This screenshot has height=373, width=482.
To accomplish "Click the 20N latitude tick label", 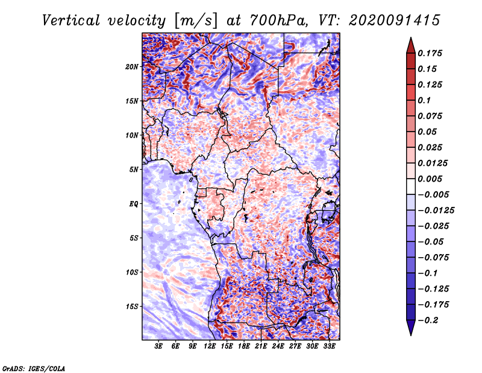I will tap(132, 66).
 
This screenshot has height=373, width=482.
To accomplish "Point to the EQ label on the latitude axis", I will tap(133, 203).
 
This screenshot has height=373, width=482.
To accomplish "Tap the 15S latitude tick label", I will tap(132, 306).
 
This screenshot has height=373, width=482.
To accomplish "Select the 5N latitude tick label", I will tap(134, 169).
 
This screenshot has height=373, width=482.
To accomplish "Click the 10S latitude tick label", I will tap(132, 272).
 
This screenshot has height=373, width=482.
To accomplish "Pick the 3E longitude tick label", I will tap(158, 347).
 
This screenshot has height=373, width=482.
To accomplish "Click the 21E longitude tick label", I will tap(261, 347).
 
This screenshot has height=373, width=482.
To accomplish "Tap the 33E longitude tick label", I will tap(329, 347).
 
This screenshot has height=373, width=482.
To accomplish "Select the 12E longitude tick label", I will tap(210, 347).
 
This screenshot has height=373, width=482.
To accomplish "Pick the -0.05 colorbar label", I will tap(433, 241).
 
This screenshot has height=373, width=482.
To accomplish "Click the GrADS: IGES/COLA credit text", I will tap(33, 368).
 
